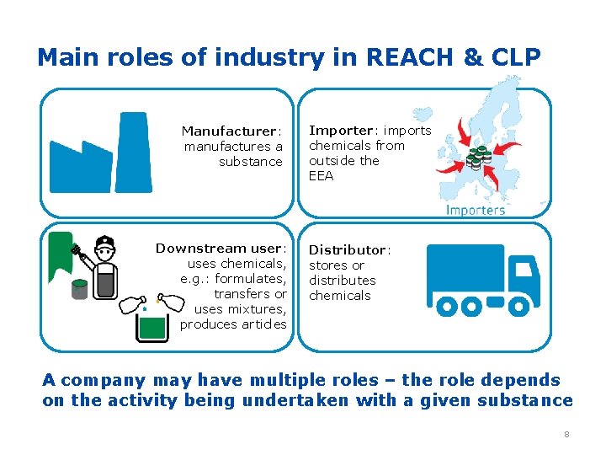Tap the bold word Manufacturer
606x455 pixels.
point(229,131)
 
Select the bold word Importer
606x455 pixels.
point(341,130)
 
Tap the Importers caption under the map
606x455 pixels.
point(476,210)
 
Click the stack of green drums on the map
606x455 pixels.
point(479,157)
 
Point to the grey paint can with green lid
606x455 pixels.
point(80,289)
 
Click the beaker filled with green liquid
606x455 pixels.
point(151,324)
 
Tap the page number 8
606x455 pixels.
point(566,434)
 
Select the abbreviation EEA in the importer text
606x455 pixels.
point(321,176)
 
